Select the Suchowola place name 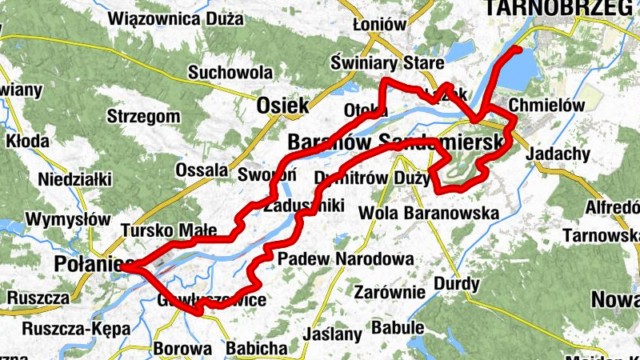click(x=230, y=73)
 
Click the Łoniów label click(x=380, y=25)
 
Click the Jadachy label click(x=560, y=154)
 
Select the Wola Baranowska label click(x=429, y=213)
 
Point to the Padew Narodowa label click(x=346, y=259)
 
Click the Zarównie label click(x=389, y=291)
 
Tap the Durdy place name click(x=457, y=284)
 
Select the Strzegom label click(x=143, y=117)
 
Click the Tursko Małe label click(x=169, y=231)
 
